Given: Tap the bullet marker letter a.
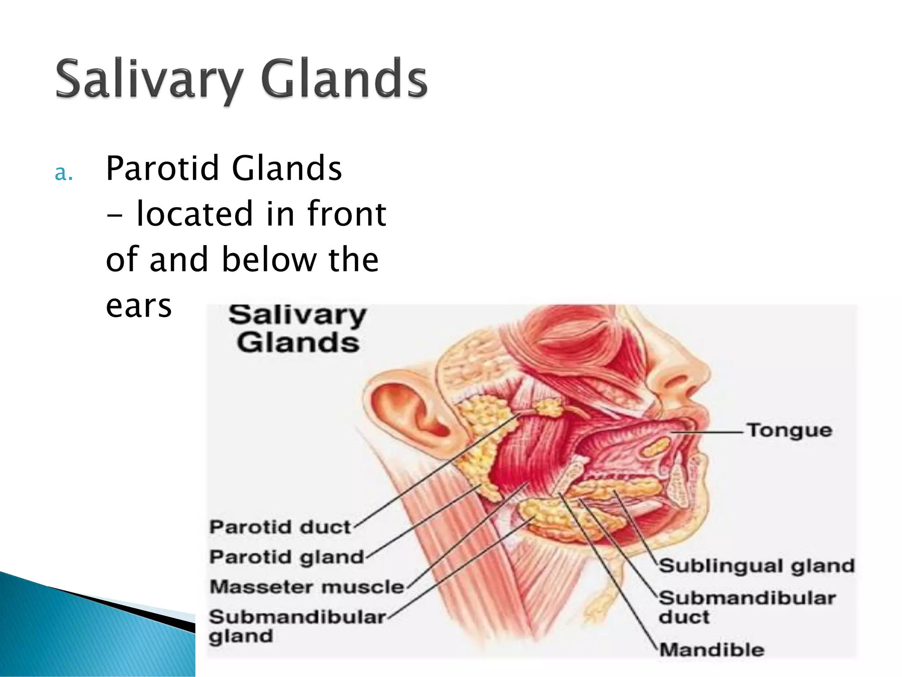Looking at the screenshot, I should click(x=63, y=173).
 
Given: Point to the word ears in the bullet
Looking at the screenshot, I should click(x=138, y=306).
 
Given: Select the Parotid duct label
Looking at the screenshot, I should click(x=280, y=527).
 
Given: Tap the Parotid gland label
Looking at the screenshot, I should click(x=286, y=557).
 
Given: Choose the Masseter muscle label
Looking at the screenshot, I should click(x=307, y=587).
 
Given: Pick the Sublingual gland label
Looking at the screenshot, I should click(x=756, y=565).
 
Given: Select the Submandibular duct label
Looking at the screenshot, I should click(x=747, y=607).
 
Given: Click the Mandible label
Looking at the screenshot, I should click(x=711, y=650).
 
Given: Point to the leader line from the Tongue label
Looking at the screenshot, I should click(x=709, y=432).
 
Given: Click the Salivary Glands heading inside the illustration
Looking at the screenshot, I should click(x=297, y=329).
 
